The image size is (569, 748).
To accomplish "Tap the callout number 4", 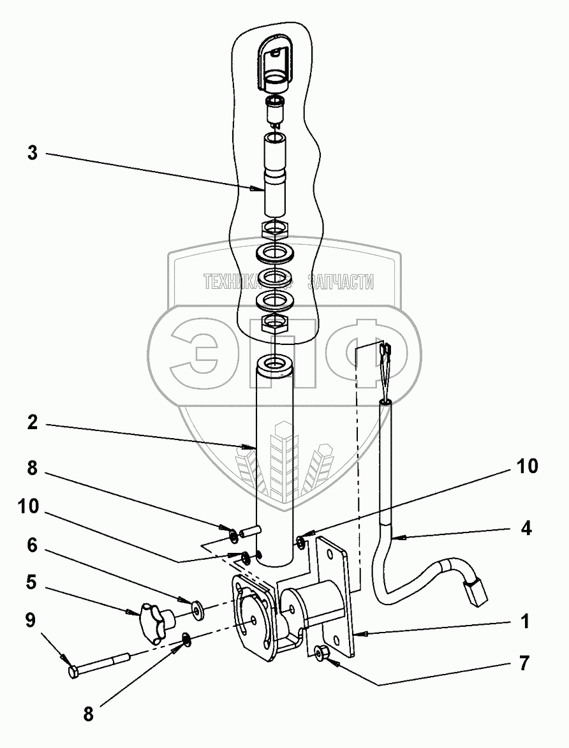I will coord(526,528).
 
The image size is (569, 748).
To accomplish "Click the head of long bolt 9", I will coord(74,671).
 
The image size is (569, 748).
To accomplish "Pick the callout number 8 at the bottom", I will coord(88,714).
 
